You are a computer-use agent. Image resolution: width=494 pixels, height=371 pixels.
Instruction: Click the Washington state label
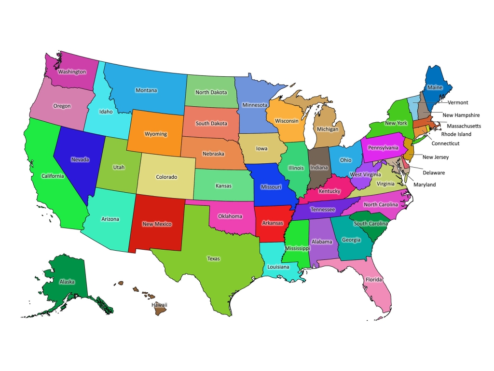click(72, 72)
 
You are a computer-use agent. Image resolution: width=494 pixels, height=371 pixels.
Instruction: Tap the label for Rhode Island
click(456, 134)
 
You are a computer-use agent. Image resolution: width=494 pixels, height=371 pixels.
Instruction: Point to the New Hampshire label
click(461, 115)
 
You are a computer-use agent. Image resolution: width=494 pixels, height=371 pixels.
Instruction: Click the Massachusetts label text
click(464, 126)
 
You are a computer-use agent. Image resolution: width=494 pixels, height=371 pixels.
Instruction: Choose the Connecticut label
click(445, 143)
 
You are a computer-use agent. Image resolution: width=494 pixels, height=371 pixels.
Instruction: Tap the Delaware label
click(433, 172)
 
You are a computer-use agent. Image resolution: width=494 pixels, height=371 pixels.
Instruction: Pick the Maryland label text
click(425, 185)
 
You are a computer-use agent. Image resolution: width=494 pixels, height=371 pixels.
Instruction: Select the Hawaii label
click(159, 305)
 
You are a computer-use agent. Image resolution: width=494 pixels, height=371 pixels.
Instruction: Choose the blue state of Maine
click(437, 85)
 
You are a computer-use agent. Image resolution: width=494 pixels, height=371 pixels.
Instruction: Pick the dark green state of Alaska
click(65, 280)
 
